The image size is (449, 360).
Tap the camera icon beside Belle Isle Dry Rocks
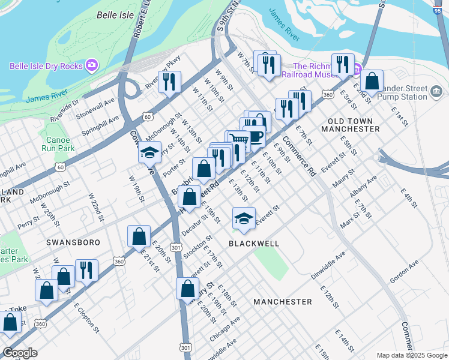92,65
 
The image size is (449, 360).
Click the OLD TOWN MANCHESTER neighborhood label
354,125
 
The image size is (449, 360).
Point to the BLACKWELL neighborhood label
254,244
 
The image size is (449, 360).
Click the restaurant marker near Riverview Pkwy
170,81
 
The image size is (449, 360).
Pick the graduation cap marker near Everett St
244,218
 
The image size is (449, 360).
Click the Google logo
20,353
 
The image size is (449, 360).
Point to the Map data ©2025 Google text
411,355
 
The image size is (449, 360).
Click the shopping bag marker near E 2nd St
372,81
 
